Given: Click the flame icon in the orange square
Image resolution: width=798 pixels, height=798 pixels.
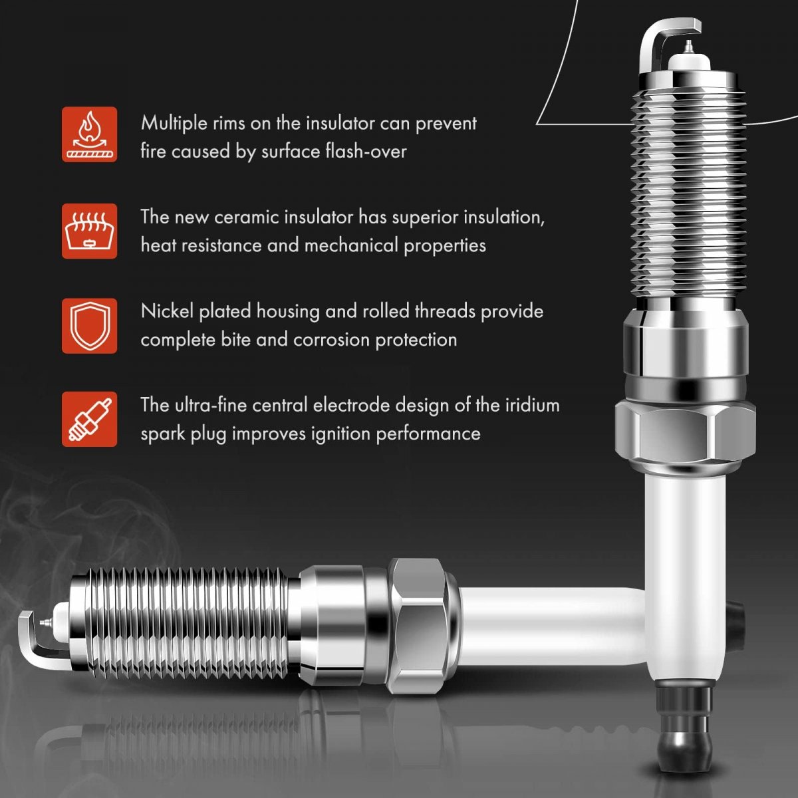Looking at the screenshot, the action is (x=90, y=134).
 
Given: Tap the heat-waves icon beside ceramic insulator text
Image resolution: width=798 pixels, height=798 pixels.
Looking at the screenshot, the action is (x=90, y=231).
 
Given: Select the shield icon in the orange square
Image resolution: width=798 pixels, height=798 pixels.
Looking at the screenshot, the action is (x=90, y=326).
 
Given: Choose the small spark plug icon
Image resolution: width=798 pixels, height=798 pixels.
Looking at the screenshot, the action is (x=90, y=420).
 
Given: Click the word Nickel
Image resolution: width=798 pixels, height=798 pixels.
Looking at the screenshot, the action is (x=168, y=311).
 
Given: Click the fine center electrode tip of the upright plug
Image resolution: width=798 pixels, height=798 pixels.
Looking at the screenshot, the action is (x=688, y=47).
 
